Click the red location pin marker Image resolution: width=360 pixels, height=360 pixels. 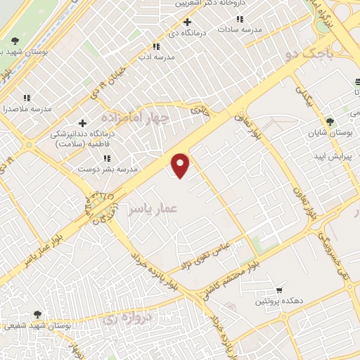coord(181,165)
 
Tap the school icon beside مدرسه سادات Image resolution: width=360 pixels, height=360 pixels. coord(240,19)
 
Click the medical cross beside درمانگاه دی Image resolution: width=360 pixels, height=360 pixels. coord(186,21)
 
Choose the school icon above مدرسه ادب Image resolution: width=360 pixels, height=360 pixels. coord(146,46)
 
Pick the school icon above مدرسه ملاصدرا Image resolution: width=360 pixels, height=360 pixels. coord(27,98)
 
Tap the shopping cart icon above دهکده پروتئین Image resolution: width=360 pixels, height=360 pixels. coord(279,290)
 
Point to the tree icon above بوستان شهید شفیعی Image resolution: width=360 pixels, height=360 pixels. coord(37,314)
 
